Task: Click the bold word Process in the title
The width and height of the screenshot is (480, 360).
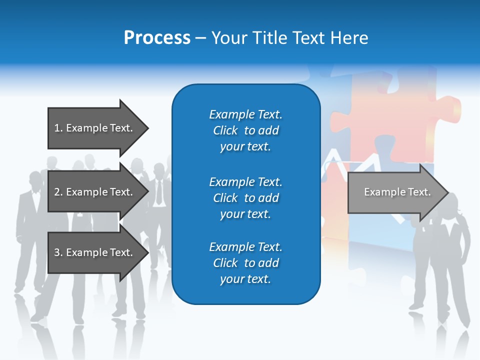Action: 157,38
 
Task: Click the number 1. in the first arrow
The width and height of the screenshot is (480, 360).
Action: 58,128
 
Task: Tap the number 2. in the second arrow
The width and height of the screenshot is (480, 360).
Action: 58,192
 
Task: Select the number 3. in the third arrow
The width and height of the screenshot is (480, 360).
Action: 58,252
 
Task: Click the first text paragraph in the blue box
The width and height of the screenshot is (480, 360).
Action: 245,130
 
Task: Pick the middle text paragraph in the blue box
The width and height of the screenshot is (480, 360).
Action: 245,198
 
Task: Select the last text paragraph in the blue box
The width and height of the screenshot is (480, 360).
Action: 245,263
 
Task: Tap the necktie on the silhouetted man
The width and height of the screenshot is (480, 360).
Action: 159,192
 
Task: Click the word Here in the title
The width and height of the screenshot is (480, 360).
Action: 350,38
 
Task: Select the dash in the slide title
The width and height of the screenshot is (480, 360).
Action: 200,38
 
